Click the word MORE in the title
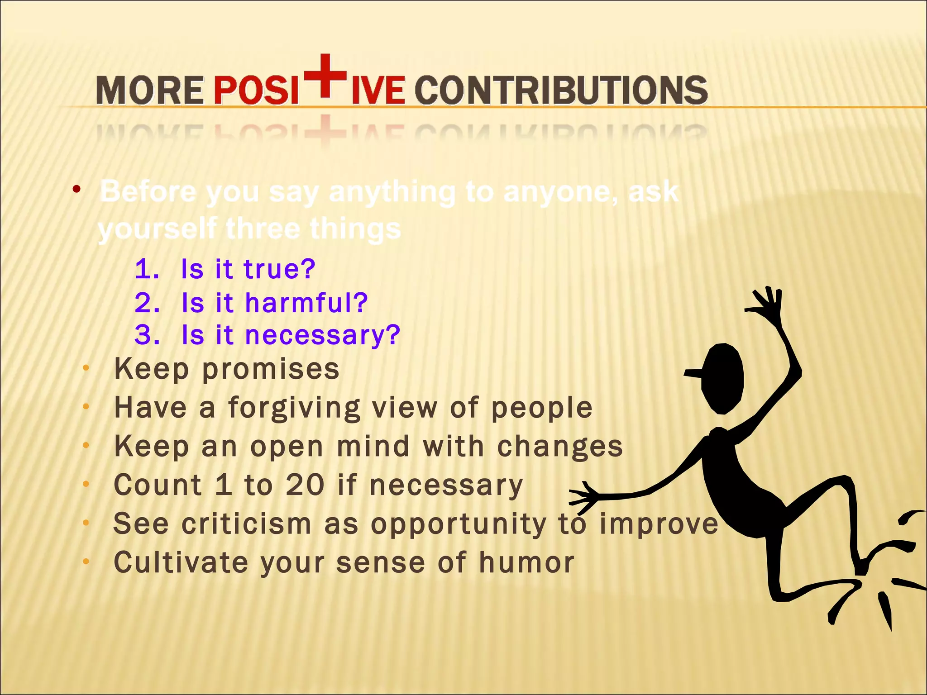[150, 90]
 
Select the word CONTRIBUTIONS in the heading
[561, 90]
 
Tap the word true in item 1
[279, 269]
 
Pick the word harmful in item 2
[306, 303]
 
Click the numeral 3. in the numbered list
[147, 335]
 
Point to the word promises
[271, 370]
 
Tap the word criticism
[246, 524]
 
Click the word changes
[560, 447]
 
